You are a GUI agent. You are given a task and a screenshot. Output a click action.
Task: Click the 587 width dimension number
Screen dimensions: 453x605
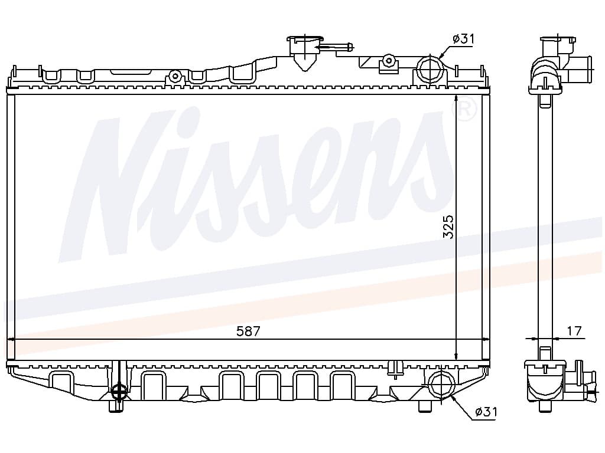coord(248,331)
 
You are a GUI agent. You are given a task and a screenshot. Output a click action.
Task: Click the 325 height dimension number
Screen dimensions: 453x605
coord(448,226)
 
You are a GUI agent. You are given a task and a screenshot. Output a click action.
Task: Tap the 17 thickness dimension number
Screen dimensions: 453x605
coord(574,331)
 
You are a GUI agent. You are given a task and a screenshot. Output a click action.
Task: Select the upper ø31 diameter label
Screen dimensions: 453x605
coord(464,39)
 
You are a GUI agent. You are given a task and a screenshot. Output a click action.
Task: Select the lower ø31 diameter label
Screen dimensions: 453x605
coord(485,412)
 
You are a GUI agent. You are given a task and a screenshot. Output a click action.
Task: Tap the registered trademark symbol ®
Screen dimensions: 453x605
coord(463,110)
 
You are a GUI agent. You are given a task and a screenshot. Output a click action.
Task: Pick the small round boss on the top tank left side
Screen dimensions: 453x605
coord(174,76)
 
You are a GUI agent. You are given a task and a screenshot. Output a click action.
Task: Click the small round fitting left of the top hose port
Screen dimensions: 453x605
coord(388,60)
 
